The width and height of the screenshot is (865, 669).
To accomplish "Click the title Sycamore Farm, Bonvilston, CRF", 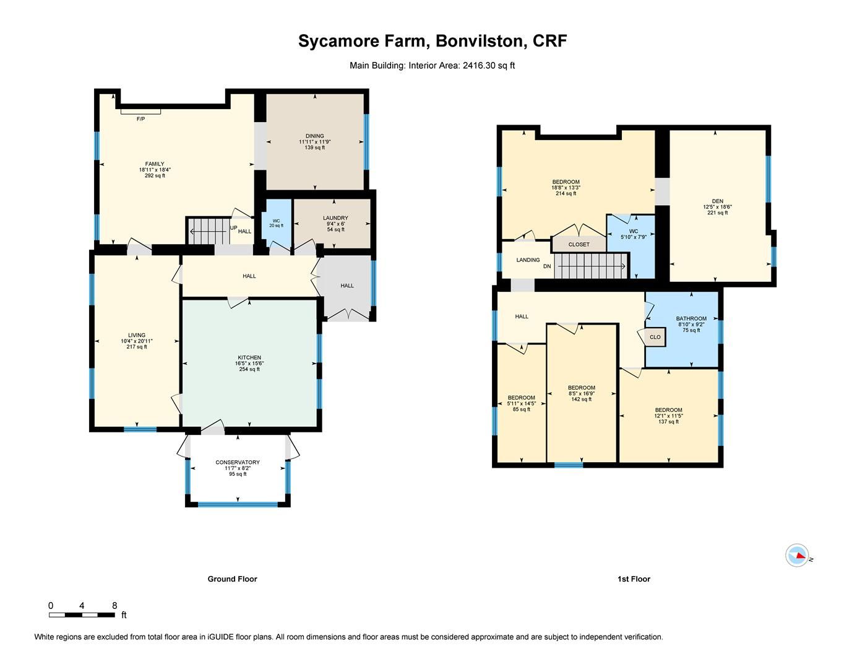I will coord(432,42).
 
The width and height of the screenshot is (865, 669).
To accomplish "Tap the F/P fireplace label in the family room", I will coord(140,118).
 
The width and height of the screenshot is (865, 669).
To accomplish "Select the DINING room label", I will coord(314,136).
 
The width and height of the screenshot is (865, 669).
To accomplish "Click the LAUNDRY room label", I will coord(335,218).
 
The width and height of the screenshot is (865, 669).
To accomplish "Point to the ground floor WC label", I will coord(276,221).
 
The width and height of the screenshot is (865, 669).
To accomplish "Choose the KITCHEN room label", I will coord(249,357).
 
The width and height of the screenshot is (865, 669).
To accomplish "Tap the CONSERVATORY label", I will coord(238,462).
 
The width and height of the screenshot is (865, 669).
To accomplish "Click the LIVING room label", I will coord(137,335).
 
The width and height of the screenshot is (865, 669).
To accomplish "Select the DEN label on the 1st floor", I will coord(717,201).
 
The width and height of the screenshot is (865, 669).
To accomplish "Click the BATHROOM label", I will coord(691,318).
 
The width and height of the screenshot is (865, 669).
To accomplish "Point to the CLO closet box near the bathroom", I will coord(655,338).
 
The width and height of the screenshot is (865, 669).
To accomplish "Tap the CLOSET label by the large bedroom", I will coord(579,245).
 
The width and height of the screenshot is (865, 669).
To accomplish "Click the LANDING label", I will coord(528,260).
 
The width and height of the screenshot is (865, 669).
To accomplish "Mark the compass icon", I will coord(798,555).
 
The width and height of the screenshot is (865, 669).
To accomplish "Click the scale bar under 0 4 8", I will coord(82,615).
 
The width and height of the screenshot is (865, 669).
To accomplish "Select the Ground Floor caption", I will coord(232,579).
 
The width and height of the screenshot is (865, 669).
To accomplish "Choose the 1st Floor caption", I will coord(634,579).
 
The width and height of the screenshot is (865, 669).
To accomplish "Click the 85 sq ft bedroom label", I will coord(521,398).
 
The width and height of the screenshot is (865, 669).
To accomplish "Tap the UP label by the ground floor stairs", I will coord(234,228).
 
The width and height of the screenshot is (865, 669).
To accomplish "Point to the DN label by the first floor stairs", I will coord(547,266).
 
